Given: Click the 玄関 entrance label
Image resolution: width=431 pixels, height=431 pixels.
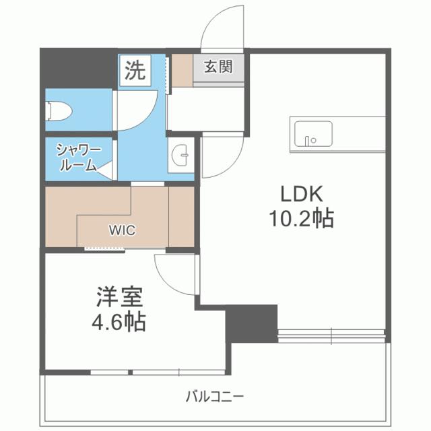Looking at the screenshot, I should pos(218,67).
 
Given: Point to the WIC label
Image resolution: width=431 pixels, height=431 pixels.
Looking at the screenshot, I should pos(123,230).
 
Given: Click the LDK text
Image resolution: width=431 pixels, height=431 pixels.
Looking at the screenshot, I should pos(302,195).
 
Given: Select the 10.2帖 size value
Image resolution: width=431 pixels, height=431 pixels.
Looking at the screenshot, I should pos(302,218).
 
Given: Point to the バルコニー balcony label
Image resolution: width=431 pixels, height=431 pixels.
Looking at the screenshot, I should pos(215,396).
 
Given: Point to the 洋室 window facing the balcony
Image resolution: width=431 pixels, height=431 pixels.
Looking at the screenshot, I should pos(135,372).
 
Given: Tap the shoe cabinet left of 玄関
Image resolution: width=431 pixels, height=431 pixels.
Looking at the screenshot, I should pos(180,69).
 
